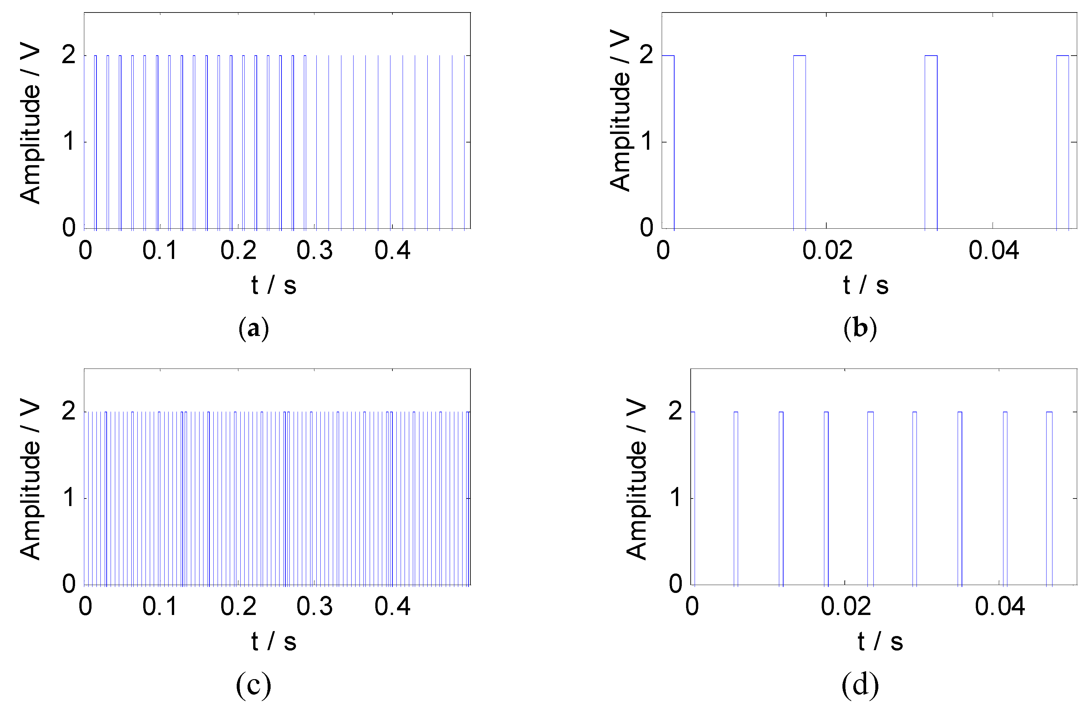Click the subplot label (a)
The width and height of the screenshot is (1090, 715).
(x=253, y=328)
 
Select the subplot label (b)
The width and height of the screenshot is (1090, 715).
(x=860, y=328)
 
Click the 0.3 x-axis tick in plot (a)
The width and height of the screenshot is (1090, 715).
(x=315, y=250)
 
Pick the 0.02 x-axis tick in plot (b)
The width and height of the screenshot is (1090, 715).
(x=827, y=250)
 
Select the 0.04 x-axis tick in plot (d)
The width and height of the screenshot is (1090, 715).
(x=999, y=606)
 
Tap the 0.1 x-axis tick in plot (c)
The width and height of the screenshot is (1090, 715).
(x=160, y=606)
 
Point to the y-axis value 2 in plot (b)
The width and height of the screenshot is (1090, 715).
(x=646, y=55)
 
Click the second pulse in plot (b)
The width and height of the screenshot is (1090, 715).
(x=799, y=142)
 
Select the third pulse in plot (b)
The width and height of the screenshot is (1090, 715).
(x=931, y=142)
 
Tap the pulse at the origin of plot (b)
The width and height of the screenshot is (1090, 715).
(x=668, y=142)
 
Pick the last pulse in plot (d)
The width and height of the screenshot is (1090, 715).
(x=1049, y=498)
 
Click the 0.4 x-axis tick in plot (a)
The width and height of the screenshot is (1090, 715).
(x=392, y=250)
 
